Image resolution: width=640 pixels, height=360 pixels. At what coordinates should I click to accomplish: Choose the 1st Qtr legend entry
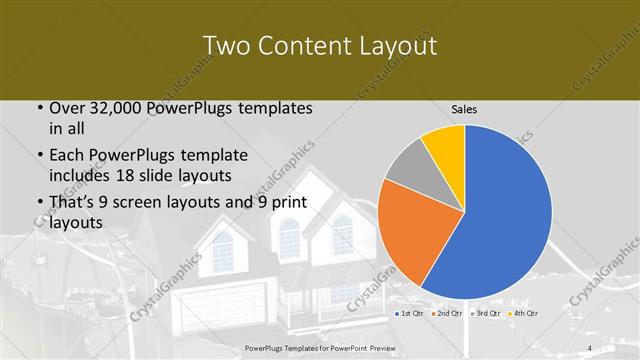pos(409,314)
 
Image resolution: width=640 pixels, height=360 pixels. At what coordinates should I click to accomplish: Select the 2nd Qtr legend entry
pos(447,314)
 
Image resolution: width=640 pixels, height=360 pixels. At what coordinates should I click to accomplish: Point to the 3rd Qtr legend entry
pos(486,314)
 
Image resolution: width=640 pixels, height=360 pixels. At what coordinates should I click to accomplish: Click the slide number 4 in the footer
pos(590,348)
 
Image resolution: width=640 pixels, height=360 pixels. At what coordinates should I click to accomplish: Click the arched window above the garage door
pos(221,250)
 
